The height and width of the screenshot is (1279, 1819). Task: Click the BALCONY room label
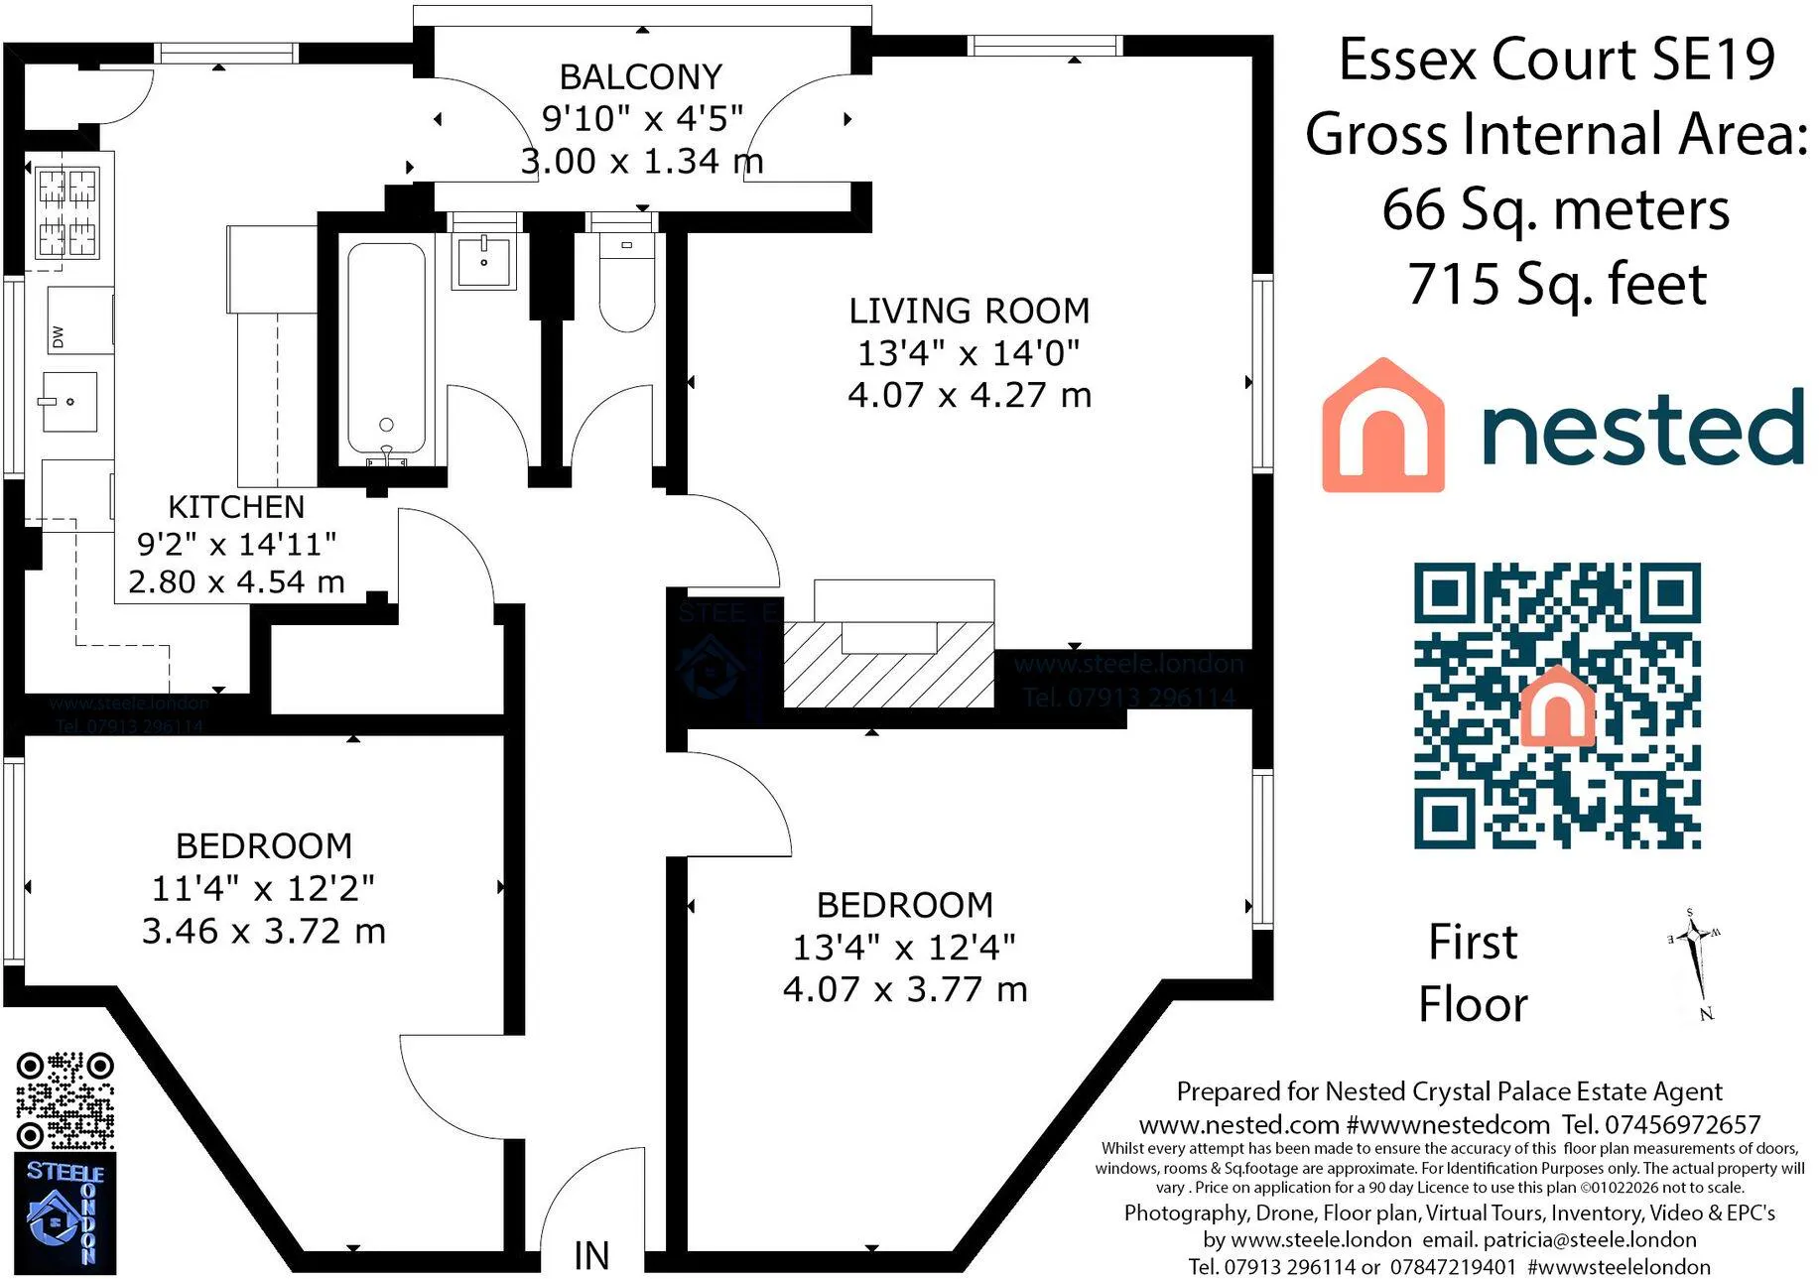(x=640, y=77)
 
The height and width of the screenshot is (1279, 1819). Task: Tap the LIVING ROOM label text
(x=969, y=312)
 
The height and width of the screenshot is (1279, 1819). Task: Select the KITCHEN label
(x=236, y=507)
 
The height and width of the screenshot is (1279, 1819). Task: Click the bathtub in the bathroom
(x=386, y=347)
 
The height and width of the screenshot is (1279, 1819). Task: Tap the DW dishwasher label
(x=59, y=337)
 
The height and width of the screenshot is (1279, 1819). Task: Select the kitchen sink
(x=69, y=401)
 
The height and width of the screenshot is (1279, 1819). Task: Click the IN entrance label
(x=591, y=1256)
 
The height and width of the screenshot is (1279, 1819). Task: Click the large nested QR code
(x=1557, y=705)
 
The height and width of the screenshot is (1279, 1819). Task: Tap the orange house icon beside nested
(x=1382, y=426)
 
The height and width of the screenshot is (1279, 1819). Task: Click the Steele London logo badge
(x=65, y=1213)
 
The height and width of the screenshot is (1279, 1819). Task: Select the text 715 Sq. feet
(x=1556, y=285)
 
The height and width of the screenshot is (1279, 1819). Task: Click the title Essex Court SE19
(x=1556, y=60)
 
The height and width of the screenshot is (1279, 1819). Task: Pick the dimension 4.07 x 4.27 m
(x=969, y=395)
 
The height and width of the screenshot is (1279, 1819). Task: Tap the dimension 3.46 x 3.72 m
(x=263, y=932)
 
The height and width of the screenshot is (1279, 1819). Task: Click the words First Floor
(x=1473, y=973)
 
